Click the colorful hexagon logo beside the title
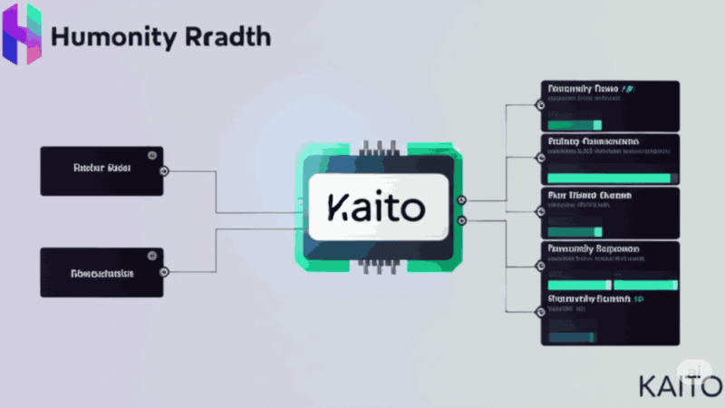[23, 34]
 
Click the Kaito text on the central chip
[377, 208]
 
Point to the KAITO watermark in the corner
[680, 384]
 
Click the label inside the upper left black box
[101, 169]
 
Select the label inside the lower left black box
[101, 272]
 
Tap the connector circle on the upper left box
[163, 170]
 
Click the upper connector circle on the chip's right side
[462, 200]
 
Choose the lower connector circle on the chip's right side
[462, 220]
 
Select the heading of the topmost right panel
[589, 89]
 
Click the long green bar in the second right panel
[608, 178]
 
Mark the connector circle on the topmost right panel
[541, 104]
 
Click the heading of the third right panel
[589, 195]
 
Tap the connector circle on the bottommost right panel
[541, 313]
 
